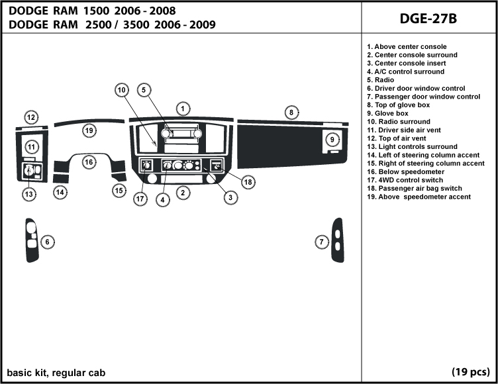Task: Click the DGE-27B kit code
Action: pyautogui.click(x=428, y=18)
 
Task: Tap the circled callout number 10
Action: pyautogui.click(x=121, y=89)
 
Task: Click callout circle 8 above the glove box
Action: pyautogui.click(x=290, y=113)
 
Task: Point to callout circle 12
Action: pyautogui.click(x=31, y=117)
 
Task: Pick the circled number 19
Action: pyautogui.click(x=89, y=130)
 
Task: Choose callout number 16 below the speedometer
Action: pyautogui.click(x=89, y=161)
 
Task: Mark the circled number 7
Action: pyautogui.click(x=321, y=242)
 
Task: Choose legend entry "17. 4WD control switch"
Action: pyautogui.click(x=409, y=180)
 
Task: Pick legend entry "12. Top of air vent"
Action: pyautogui.click(x=400, y=138)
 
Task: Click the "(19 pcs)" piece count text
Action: pyautogui.click(x=471, y=371)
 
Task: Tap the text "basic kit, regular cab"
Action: pyautogui.click(x=56, y=371)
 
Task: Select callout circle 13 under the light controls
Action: pyautogui.click(x=28, y=194)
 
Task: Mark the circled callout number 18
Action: pyautogui.click(x=248, y=182)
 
